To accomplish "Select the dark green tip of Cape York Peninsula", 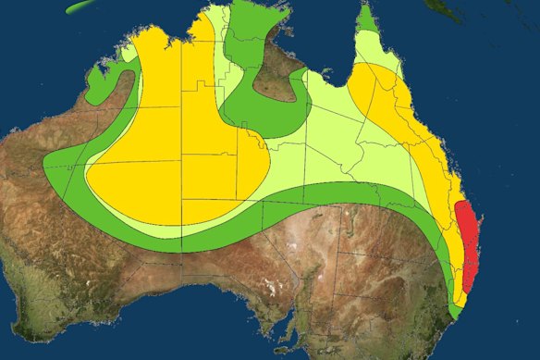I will coord(367,19).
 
